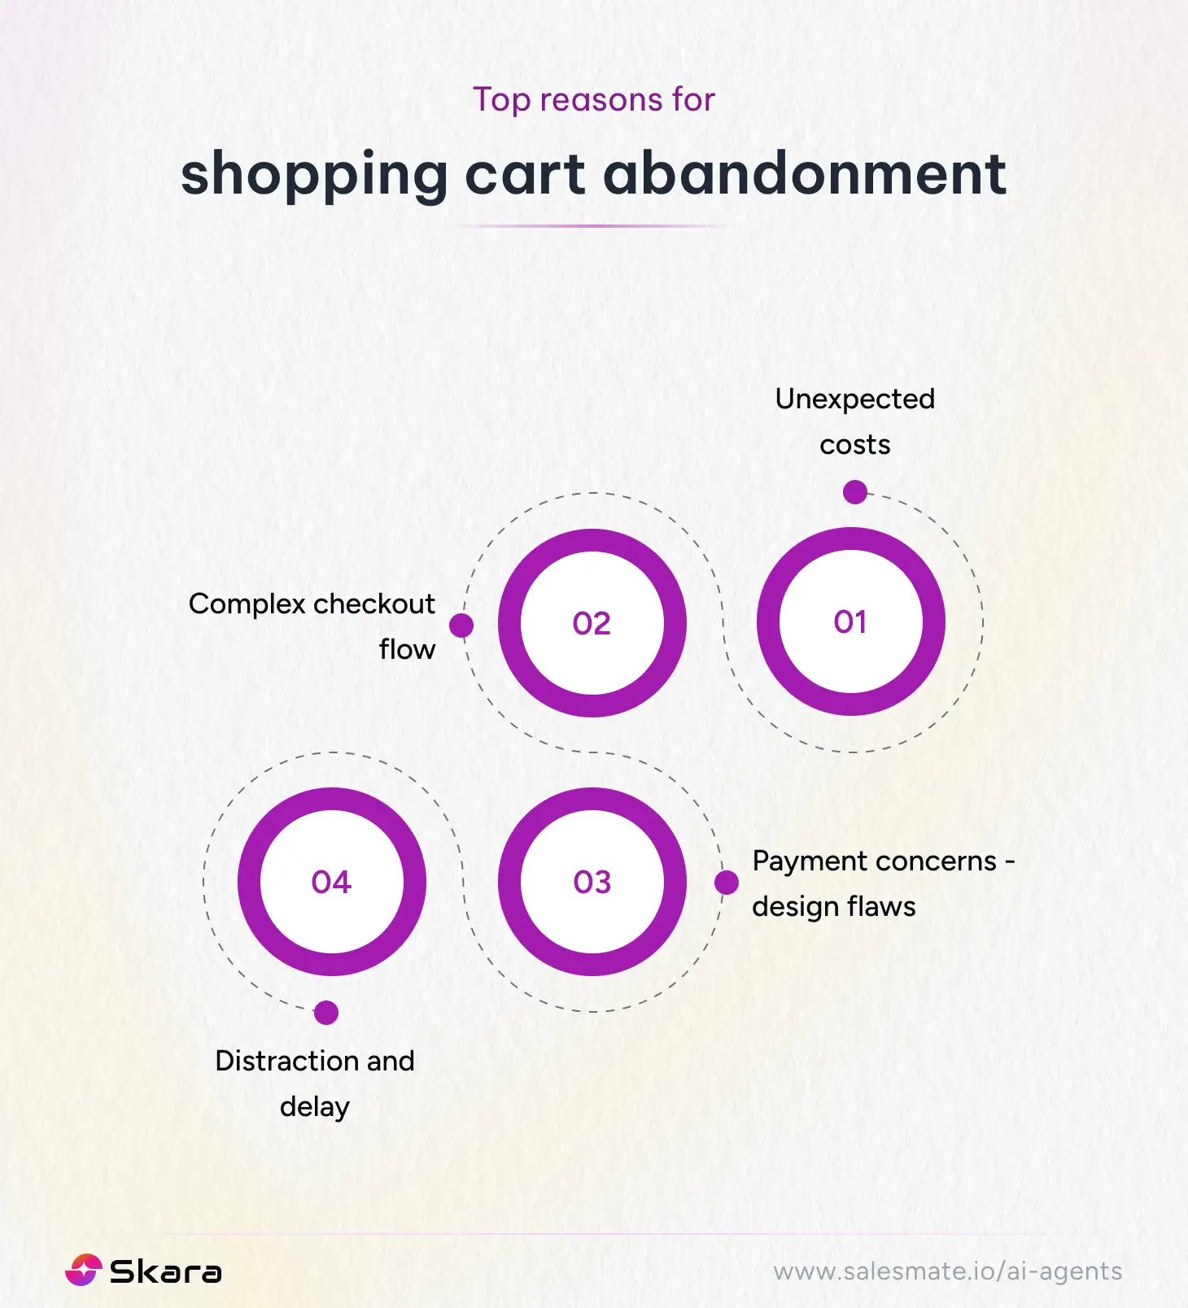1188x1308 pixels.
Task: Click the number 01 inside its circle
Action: point(850,622)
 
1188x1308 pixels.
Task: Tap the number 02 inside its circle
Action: point(592,624)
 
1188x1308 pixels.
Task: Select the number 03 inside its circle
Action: point(592,883)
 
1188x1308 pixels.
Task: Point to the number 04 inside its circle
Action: point(331,883)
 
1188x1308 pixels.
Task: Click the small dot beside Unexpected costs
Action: point(854,492)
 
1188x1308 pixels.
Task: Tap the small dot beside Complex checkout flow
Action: point(461,626)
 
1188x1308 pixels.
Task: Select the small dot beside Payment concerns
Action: point(727,883)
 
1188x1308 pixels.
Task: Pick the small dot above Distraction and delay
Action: point(325,1013)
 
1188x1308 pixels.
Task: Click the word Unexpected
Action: point(854,399)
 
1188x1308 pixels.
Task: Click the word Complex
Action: point(247,604)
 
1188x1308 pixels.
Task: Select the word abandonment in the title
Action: point(804,174)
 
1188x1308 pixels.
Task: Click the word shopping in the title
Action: point(314,176)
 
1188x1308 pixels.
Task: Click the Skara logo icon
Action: point(83,1271)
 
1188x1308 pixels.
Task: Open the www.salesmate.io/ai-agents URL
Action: point(947,1271)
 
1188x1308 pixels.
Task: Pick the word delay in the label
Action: point(314,1107)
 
